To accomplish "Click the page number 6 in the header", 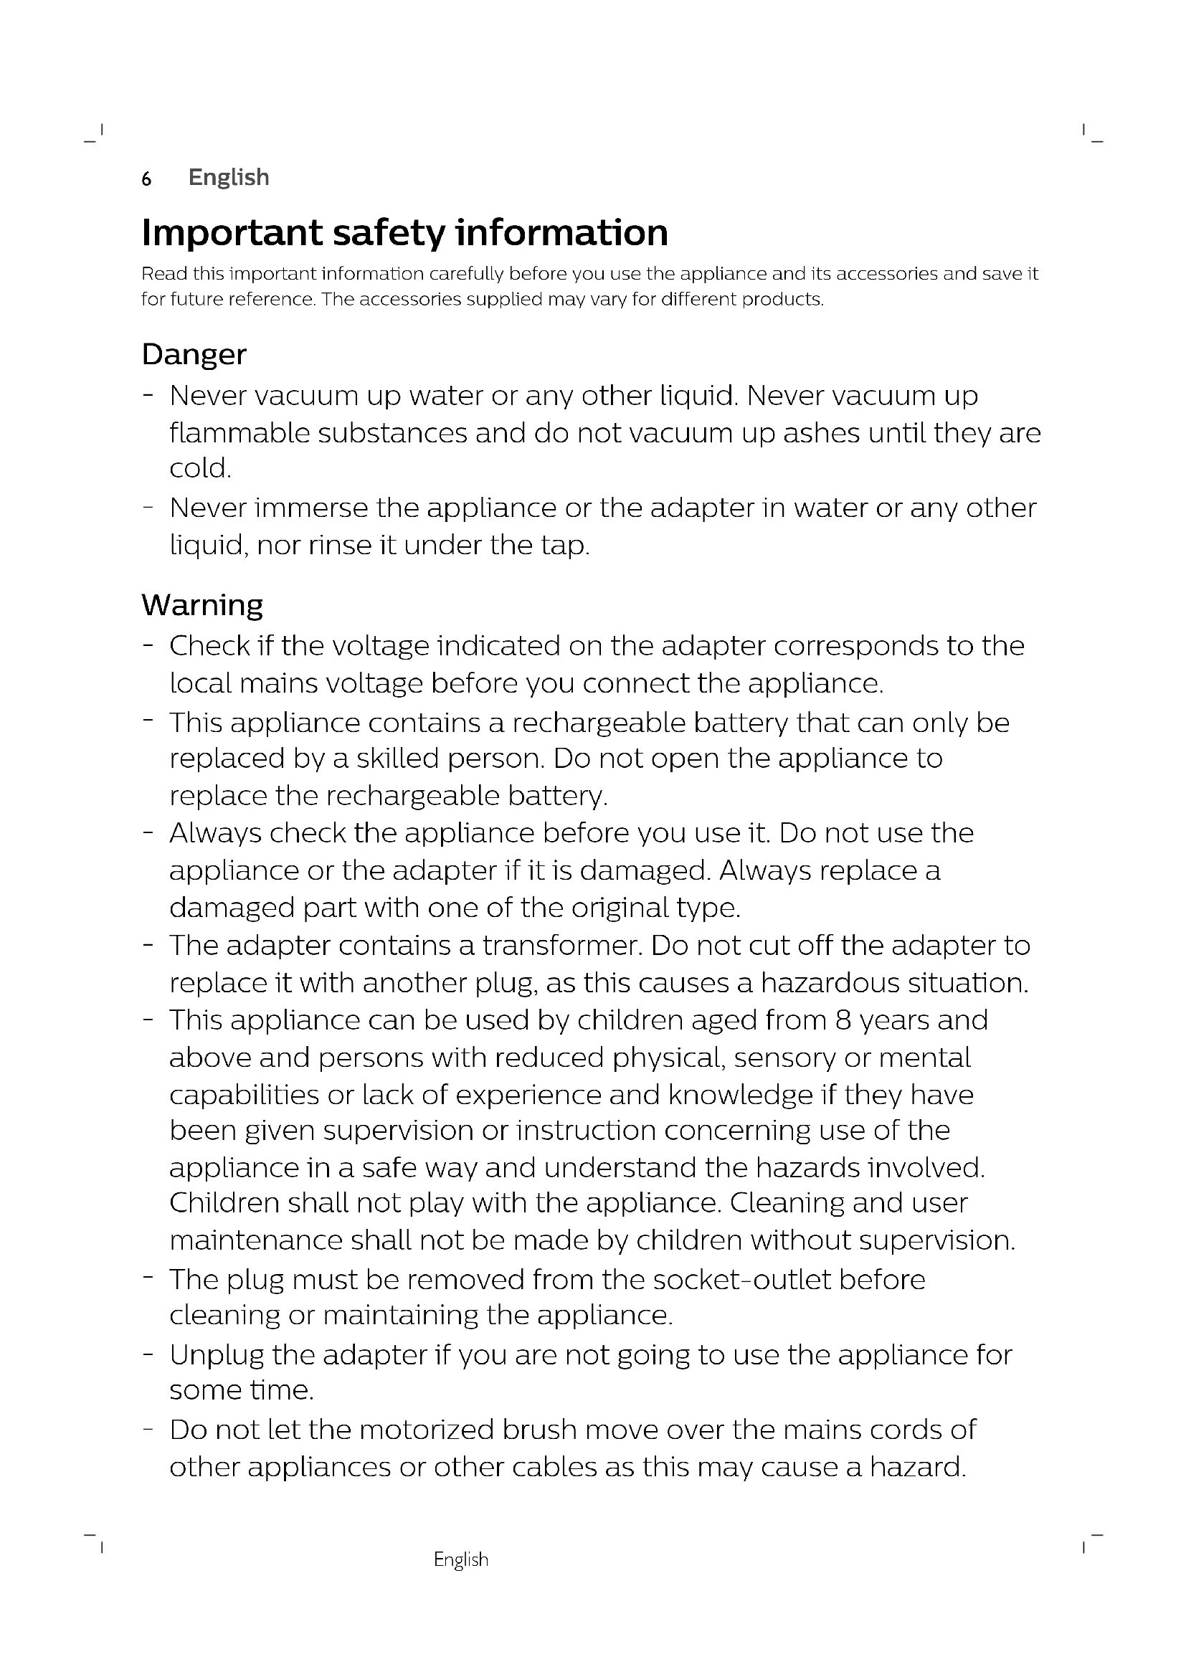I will [146, 179].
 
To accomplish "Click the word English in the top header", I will [229, 178].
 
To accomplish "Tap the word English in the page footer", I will [461, 1559].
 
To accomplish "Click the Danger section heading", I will [194, 355].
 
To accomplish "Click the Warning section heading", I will [201, 605].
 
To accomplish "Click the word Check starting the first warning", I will [209, 646].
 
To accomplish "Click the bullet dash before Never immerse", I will [148, 506].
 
